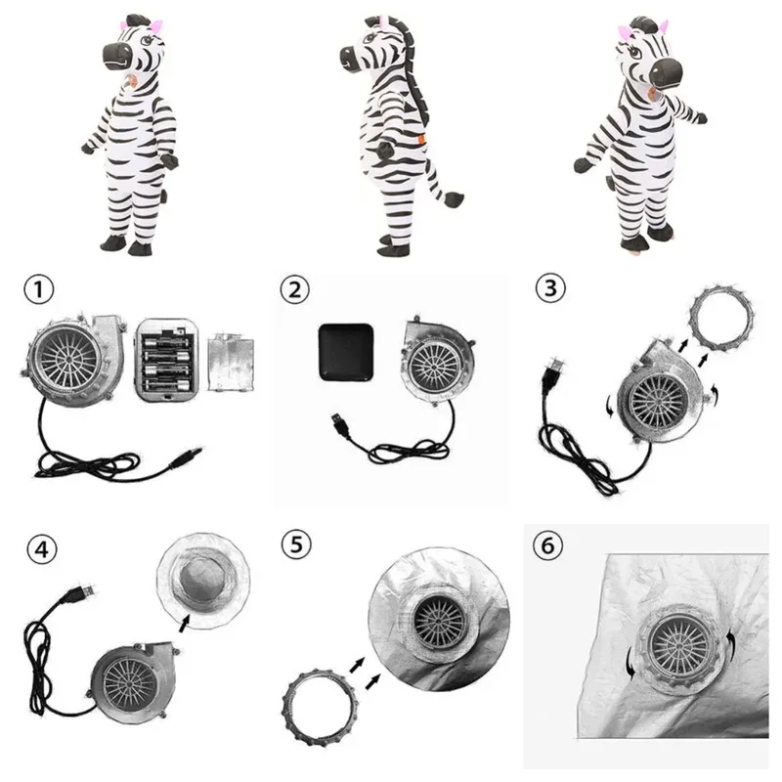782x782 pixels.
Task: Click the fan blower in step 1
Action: pos(69,356)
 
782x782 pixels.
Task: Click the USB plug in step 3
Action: pos(553,372)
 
